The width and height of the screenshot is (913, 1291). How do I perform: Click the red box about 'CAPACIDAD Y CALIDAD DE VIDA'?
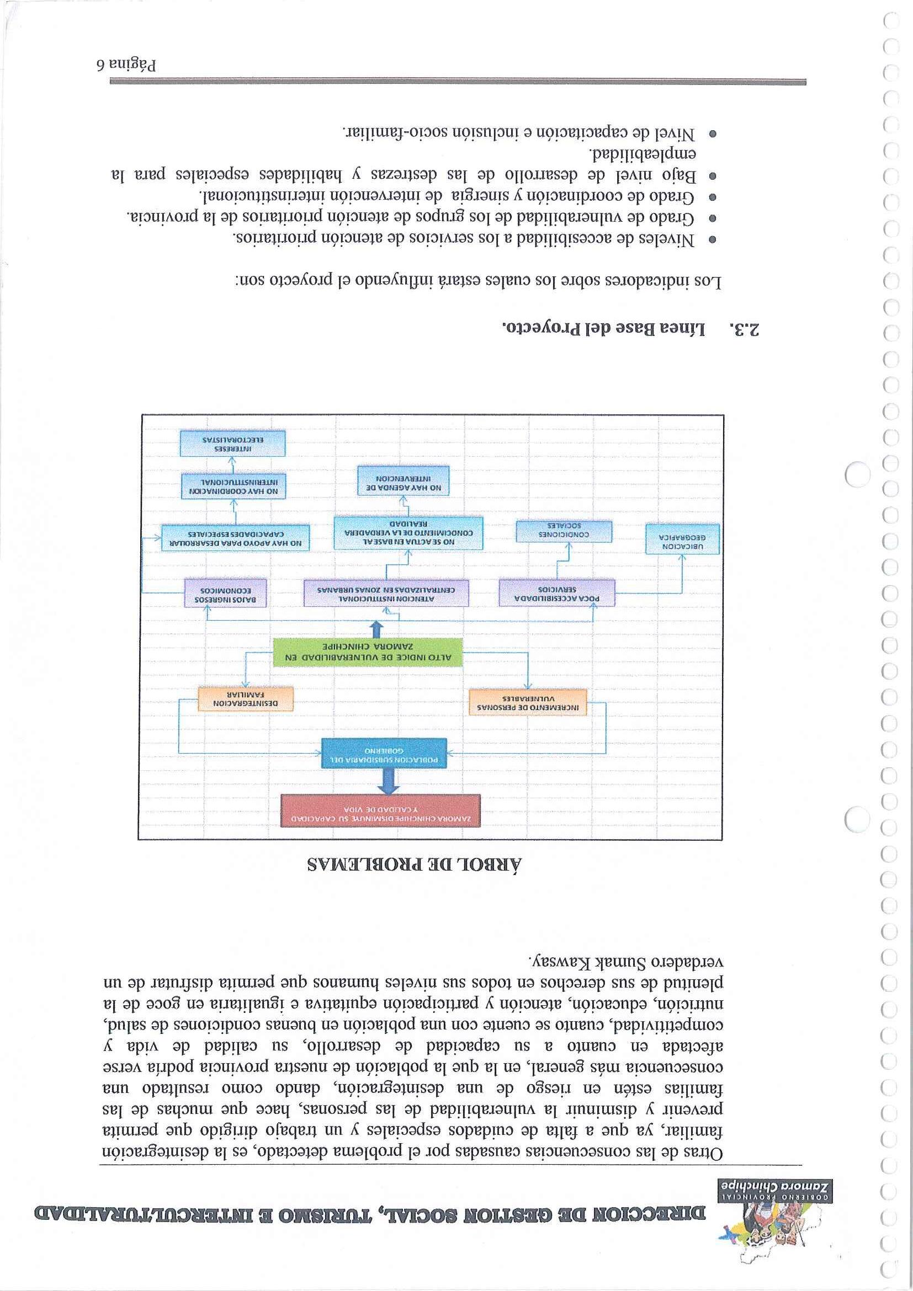click(x=380, y=810)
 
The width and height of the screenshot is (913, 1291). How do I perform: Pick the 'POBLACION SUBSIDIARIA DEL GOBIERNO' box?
click(x=384, y=753)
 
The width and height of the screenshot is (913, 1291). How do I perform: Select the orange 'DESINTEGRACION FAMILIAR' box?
click(x=246, y=700)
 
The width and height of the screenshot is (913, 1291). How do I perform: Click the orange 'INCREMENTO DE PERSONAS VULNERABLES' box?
click(x=528, y=702)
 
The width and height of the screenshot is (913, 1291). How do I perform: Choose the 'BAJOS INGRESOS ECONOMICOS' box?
click(x=225, y=593)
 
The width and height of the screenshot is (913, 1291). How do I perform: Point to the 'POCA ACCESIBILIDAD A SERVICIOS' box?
click(x=556, y=593)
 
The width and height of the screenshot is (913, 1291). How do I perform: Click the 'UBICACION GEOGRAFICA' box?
click(x=682, y=539)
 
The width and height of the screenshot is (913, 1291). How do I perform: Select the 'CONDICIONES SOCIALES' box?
click(x=564, y=531)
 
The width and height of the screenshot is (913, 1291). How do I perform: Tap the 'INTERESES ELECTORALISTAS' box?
click(x=232, y=443)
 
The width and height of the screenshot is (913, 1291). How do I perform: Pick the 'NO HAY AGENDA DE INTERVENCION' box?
click(x=404, y=479)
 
